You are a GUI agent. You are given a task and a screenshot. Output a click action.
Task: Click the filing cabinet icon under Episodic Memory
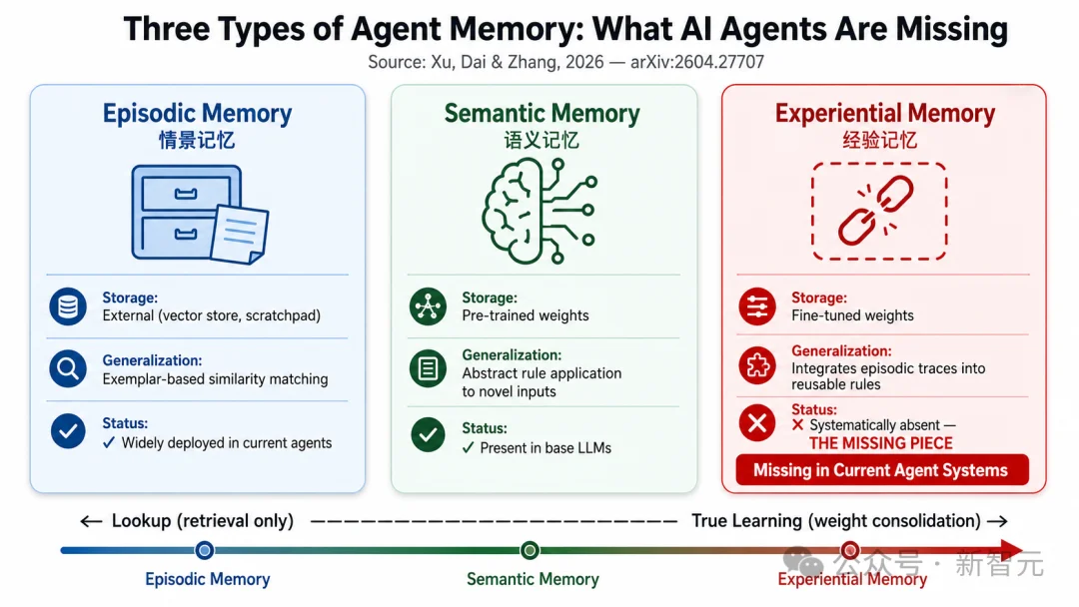200,214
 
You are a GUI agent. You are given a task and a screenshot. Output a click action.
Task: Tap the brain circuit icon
539,211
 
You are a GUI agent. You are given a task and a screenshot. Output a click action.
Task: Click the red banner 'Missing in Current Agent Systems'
881,470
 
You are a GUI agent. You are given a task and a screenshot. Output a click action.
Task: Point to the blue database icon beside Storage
68,306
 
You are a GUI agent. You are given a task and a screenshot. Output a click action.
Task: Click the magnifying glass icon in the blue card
68,369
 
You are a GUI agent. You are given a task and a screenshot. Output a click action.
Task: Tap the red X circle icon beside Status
757,422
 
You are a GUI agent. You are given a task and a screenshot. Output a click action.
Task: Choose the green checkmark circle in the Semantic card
428,434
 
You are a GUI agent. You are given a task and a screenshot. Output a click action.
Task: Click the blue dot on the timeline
205,550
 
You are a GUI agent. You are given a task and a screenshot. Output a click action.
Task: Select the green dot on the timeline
530,550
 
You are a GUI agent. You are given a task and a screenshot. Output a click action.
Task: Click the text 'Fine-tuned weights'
852,315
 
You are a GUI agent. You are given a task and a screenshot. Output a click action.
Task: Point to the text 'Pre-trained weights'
526,315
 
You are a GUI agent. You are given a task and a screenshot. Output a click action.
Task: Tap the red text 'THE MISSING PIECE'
881,443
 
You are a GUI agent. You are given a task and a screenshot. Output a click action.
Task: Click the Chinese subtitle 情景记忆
197,140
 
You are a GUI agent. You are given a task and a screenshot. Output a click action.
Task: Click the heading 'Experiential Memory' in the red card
885,114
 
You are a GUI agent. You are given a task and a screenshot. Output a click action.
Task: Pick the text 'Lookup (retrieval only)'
202,521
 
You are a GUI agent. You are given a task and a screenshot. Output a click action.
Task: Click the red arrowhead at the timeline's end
1011,550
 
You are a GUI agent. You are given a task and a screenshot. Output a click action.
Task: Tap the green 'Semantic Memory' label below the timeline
533,579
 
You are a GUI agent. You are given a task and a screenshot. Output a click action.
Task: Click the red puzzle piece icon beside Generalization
757,365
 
